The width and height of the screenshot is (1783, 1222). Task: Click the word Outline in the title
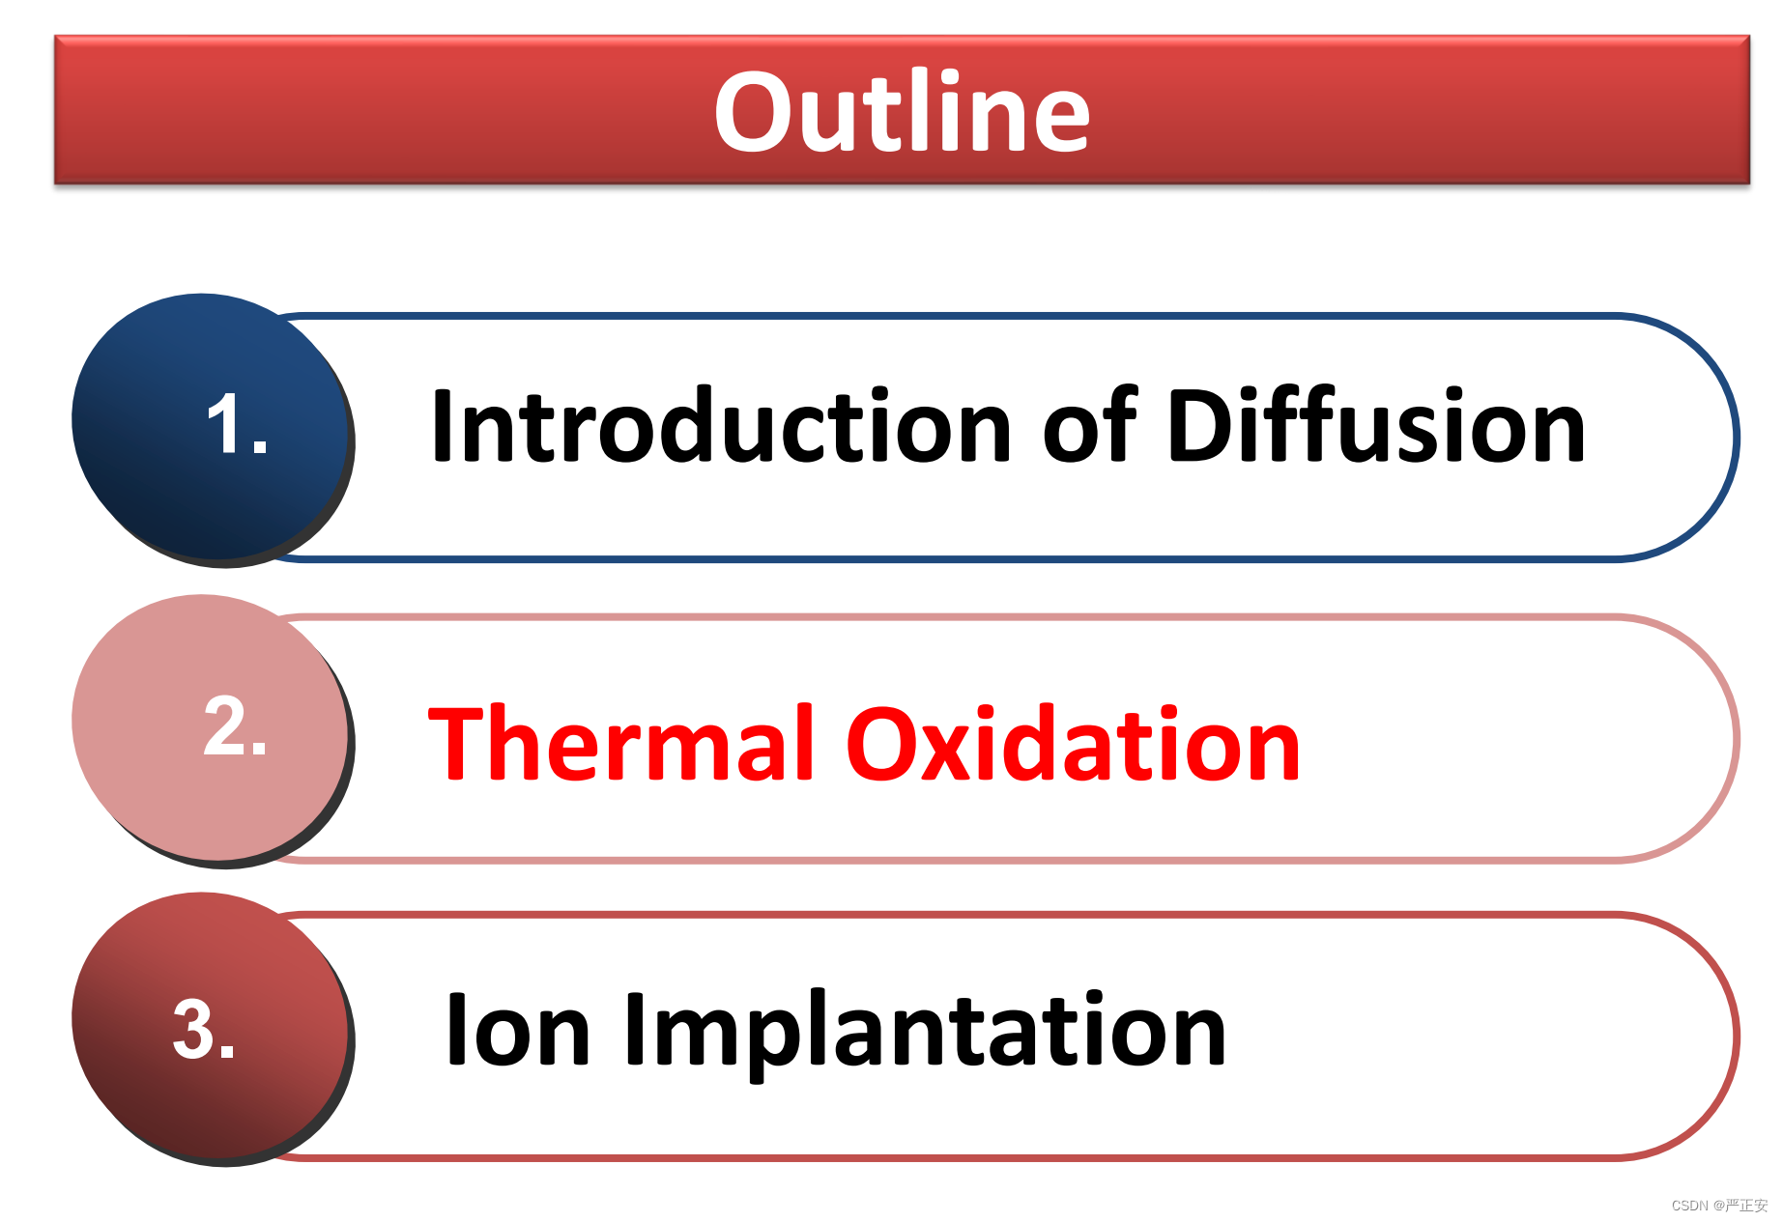click(902, 111)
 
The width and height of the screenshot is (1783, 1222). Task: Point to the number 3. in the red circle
click(204, 1029)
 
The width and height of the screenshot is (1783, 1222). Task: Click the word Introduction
click(721, 425)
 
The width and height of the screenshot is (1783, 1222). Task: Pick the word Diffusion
click(1376, 425)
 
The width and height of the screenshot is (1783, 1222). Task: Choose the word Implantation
click(926, 1034)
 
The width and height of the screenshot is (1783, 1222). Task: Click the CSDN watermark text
click(1718, 1206)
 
